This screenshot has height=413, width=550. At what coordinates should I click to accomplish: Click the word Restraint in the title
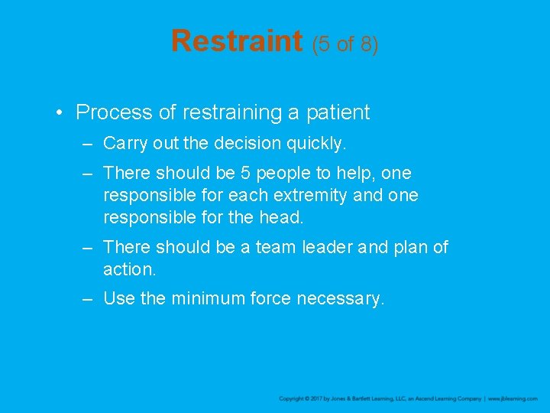[x=237, y=41]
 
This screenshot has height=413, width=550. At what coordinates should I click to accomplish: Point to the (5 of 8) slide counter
[x=345, y=44]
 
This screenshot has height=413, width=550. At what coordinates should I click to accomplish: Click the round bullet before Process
[x=60, y=113]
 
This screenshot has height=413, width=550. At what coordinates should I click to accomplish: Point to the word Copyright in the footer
[x=292, y=399]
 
